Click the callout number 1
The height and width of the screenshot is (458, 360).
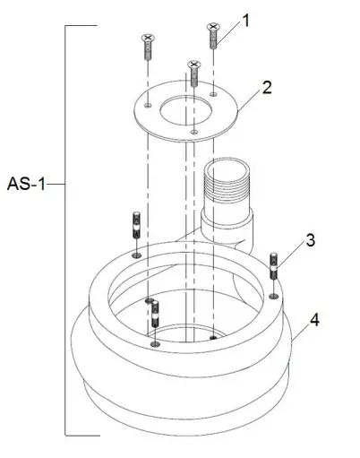pyautogui.click(x=247, y=19)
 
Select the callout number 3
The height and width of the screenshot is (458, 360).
pyautogui.click(x=309, y=239)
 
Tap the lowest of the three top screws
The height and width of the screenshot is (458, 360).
pyautogui.click(x=193, y=72)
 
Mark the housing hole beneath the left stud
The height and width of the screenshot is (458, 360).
pyautogui.click(x=135, y=255)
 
